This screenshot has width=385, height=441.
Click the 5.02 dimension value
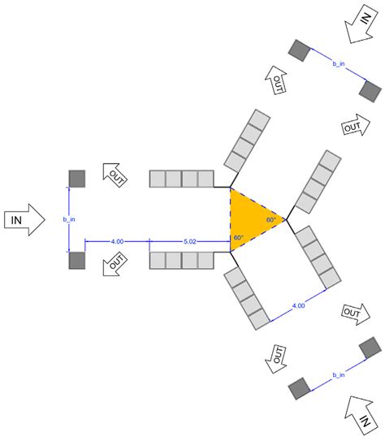(x=190, y=240)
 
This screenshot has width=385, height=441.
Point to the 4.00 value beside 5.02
(x=117, y=240)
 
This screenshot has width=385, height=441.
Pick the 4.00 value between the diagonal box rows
(x=298, y=305)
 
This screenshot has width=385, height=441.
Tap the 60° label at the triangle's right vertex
(x=271, y=219)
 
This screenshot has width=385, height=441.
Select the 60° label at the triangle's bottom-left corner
(x=238, y=238)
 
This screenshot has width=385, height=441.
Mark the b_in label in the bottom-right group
(x=339, y=375)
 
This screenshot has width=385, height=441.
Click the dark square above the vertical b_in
(x=77, y=178)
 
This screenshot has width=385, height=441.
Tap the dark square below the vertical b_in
(x=77, y=260)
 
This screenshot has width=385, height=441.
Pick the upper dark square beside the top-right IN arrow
(x=300, y=50)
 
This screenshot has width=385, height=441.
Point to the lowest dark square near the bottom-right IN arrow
(x=300, y=388)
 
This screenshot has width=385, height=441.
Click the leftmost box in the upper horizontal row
(x=158, y=179)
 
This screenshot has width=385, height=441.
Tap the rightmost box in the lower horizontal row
(x=205, y=261)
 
